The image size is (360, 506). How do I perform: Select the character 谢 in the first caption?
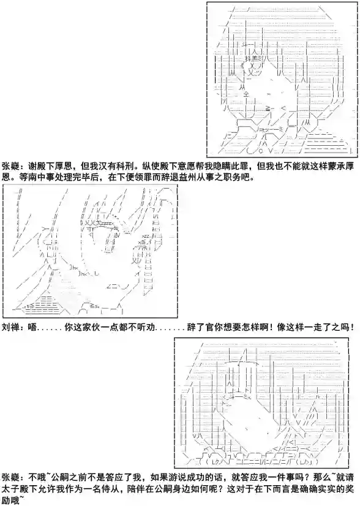[32, 166]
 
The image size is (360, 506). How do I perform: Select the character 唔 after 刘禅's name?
[32, 328]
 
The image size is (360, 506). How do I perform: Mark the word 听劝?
[146, 328]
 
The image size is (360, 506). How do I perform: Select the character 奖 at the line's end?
[350, 489]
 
